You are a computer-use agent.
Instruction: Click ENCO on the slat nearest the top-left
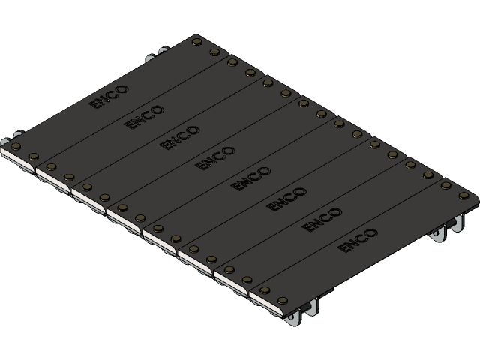[109, 97]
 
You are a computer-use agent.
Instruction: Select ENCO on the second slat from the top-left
[145, 117]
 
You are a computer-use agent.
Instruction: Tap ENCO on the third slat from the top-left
[181, 137]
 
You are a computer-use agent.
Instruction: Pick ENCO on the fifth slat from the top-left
[251, 178]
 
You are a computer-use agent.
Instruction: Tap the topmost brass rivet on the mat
[197, 42]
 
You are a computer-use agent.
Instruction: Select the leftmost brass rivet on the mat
[16, 146]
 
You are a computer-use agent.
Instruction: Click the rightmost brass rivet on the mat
[463, 196]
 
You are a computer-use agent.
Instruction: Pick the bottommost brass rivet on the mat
[265, 289]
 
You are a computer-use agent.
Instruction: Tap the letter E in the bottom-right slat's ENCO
[345, 247]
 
